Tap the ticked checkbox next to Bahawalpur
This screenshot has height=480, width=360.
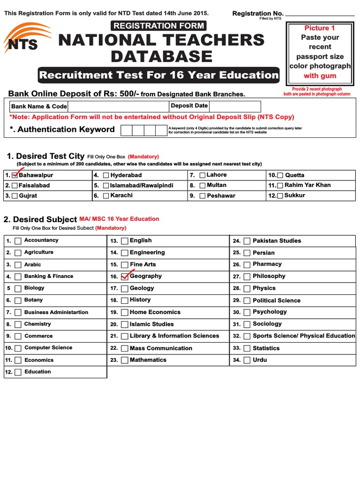click(x=15, y=175)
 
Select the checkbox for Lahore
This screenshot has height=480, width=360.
click(x=202, y=175)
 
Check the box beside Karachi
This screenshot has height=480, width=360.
click(x=106, y=196)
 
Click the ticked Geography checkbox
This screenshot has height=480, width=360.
click(x=125, y=277)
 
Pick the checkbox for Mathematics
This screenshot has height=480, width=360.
click(x=125, y=360)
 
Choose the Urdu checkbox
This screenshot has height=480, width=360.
click(x=247, y=360)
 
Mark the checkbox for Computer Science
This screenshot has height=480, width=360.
click(x=18, y=348)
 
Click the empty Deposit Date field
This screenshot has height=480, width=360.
click(x=234, y=106)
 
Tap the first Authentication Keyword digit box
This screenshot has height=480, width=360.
click(x=126, y=130)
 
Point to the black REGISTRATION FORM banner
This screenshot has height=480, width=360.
click(x=158, y=26)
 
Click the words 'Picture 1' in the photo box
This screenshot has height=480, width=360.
click(x=320, y=28)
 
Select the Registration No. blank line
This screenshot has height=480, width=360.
click(x=320, y=15)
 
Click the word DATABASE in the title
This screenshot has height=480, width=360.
click(x=161, y=57)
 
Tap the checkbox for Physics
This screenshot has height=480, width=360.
click(x=247, y=289)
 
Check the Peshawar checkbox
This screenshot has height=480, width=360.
click(x=202, y=196)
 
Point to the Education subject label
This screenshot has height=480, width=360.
click(x=37, y=372)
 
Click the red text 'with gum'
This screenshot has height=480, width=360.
click(x=320, y=75)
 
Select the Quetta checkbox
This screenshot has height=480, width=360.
click(x=280, y=175)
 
